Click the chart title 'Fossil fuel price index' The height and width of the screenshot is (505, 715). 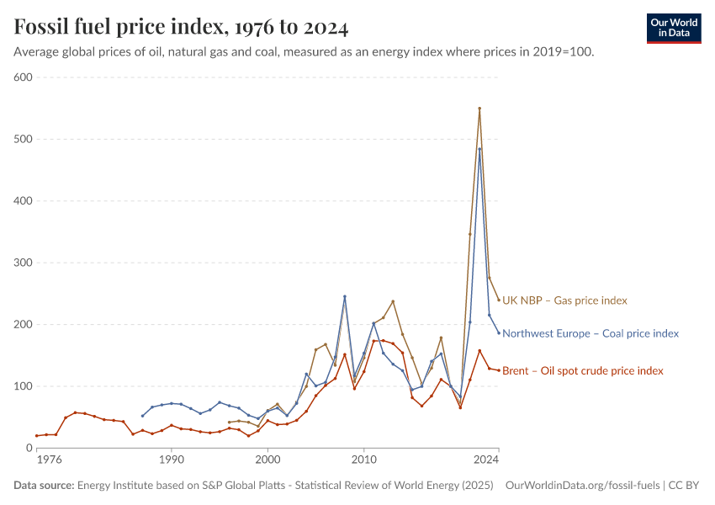pyautogui.click(x=181, y=27)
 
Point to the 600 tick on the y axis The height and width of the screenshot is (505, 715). pyautogui.click(x=23, y=77)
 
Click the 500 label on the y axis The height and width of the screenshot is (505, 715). pyautogui.click(x=23, y=139)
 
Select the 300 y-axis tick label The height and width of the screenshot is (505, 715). pyautogui.click(x=23, y=263)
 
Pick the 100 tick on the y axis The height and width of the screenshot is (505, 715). pyautogui.click(x=23, y=386)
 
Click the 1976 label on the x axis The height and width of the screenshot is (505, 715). pyautogui.click(x=50, y=460)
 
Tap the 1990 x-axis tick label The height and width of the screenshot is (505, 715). pyautogui.click(x=172, y=460)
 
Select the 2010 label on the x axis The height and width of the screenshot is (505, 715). pyautogui.click(x=363, y=460)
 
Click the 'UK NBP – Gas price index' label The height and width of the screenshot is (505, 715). pyautogui.click(x=564, y=300)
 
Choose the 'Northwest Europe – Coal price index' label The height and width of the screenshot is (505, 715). pyautogui.click(x=590, y=333)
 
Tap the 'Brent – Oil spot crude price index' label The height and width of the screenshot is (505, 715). pyautogui.click(x=582, y=370)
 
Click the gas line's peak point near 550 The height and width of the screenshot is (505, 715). pyautogui.click(x=479, y=109)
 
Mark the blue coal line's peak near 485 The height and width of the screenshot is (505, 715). pyautogui.click(x=479, y=149)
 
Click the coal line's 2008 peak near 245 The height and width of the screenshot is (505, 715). pyautogui.click(x=344, y=296)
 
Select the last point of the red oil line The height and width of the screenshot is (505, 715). pyautogui.click(x=499, y=370)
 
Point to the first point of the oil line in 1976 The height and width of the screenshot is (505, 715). pyautogui.click(x=37, y=436)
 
